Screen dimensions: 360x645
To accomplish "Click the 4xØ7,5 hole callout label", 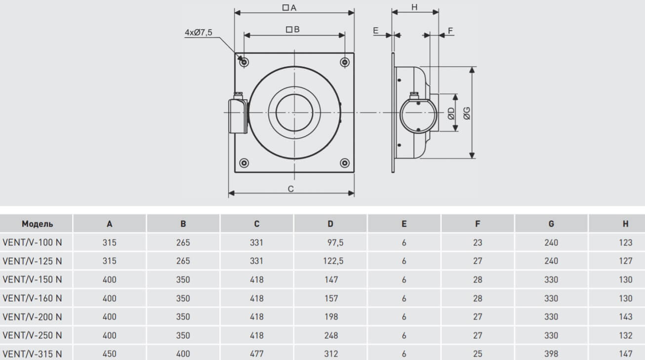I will pos(198,33).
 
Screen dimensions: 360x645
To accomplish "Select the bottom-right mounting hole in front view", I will pos(345,163).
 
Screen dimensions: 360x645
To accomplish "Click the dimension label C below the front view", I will pos(291,189).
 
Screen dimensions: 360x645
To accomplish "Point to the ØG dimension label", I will pos(467,113).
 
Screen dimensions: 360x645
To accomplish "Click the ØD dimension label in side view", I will pos(451,114).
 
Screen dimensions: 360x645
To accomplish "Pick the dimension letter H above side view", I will pos(414,7).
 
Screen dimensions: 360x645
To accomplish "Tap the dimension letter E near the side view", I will pos(375,31).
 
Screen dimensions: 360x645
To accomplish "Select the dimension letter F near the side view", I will pos(450,31).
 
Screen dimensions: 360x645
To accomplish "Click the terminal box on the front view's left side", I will pos(237,116).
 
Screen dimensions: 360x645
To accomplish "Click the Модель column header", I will pos(37,224).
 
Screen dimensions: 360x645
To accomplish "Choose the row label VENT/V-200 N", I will pos(33,317).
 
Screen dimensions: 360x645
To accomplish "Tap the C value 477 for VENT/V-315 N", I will pos(256,354).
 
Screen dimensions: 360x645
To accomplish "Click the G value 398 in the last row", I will pos(551,354).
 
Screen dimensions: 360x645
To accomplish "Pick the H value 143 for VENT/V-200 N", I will pos(625,317).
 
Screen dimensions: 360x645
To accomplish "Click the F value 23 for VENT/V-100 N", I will pos(477,242).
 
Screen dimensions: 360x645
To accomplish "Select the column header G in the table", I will pos(551,224).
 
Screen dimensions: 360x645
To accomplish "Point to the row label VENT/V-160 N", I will pos(33,298).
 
